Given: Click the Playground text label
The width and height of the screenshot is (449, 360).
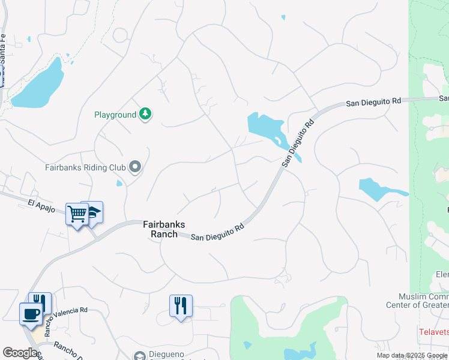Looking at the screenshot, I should (x=115, y=115).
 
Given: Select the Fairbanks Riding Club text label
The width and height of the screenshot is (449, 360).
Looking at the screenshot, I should (x=85, y=167).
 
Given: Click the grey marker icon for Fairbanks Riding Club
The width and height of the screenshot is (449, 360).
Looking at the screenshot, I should (x=136, y=167).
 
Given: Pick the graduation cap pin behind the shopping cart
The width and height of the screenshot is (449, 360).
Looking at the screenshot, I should (x=94, y=212).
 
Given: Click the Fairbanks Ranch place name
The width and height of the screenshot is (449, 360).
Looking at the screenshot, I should (x=164, y=229).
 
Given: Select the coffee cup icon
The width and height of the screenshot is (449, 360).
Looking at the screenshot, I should (x=30, y=313).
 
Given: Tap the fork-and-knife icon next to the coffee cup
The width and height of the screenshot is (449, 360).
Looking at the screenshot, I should (x=40, y=302).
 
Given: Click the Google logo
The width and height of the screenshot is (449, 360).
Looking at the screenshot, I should (x=20, y=353).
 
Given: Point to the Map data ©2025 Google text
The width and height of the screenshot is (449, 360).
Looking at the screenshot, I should (x=412, y=355).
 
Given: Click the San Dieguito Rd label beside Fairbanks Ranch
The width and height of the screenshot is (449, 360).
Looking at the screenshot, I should (x=217, y=232).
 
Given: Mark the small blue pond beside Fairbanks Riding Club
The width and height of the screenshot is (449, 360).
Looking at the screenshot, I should (x=119, y=182).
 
